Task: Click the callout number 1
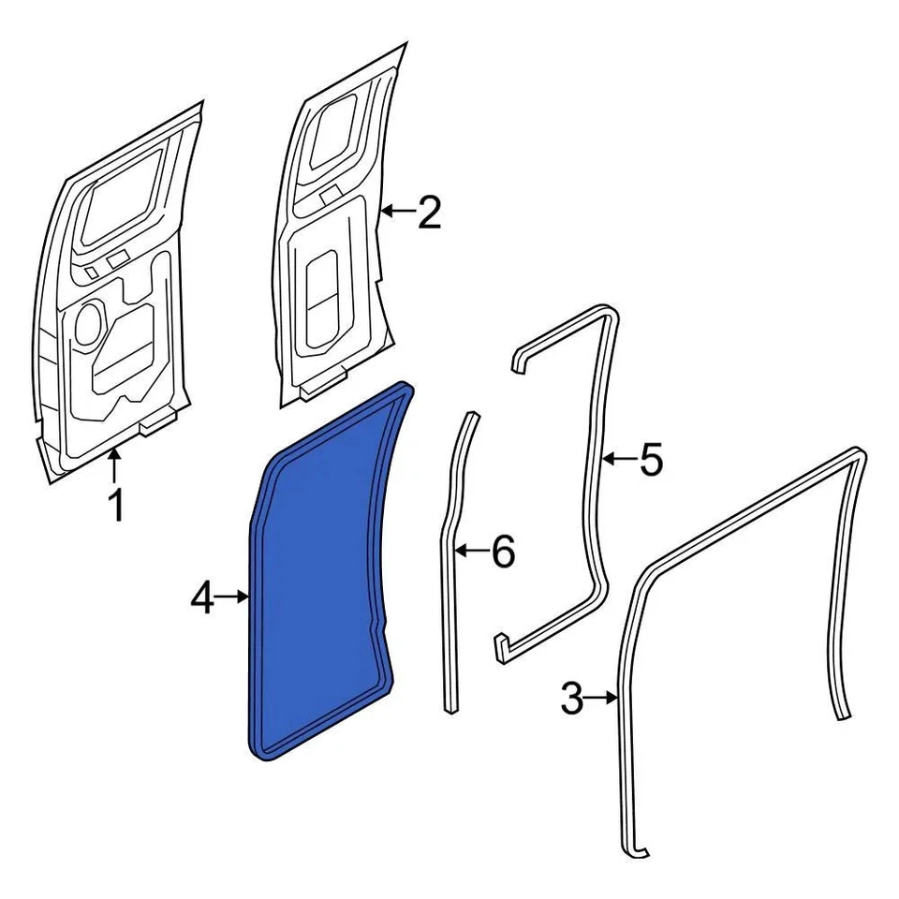pyautogui.click(x=115, y=507)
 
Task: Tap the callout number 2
pyautogui.click(x=429, y=214)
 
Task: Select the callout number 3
pyautogui.click(x=570, y=698)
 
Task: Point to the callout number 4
pyautogui.click(x=203, y=597)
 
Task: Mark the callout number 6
pyautogui.click(x=503, y=552)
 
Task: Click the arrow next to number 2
pyautogui.click(x=398, y=214)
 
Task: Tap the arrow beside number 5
pyautogui.click(x=620, y=459)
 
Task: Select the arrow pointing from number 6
pyautogui.click(x=473, y=552)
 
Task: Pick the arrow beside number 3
pyautogui.click(x=601, y=698)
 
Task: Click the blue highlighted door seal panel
pyautogui.click(x=323, y=571)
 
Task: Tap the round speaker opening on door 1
pyautogui.click(x=88, y=322)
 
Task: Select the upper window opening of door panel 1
pyautogui.click(x=122, y=201)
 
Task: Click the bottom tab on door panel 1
pyautogui.click(x=156, y=425)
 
